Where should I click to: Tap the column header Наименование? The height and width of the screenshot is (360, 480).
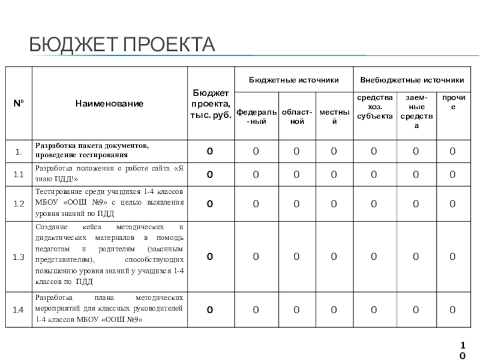click(109, 104)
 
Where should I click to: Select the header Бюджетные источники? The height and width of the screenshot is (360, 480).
click(293, 80)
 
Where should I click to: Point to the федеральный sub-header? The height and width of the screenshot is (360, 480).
click(256, 116)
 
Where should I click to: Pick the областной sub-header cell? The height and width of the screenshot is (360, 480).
click(297, 116)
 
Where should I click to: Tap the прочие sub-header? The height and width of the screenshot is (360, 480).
click(453, 101)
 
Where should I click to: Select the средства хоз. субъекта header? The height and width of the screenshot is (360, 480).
click(374, 106)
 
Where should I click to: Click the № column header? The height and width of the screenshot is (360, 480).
click(19, 104)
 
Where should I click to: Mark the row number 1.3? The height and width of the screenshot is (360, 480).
click(19, 257)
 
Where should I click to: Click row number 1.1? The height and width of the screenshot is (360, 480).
click(19, 175)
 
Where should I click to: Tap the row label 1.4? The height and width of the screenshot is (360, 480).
click(19, 310)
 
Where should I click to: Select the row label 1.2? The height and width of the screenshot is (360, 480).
click(19, 204)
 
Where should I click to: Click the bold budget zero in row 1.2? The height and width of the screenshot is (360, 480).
click(210, 204)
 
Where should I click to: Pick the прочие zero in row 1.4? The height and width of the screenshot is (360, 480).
click(453, 310)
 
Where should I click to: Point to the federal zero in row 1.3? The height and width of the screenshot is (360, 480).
click(256, 257)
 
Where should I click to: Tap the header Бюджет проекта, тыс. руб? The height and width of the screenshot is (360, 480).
click(210, 104)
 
